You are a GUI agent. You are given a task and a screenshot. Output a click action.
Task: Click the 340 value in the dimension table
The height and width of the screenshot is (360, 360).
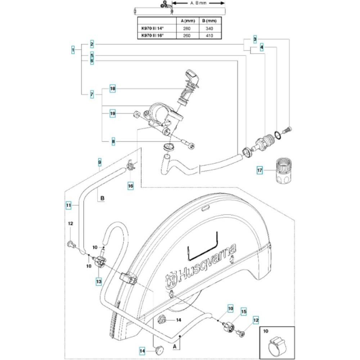pos(209,28)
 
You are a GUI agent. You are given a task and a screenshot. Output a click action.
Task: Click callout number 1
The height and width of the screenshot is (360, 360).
pos(73,50)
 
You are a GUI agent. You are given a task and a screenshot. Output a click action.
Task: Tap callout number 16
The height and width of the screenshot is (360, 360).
pos(131,186)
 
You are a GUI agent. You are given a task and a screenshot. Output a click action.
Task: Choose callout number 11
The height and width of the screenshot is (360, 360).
pos(68,205)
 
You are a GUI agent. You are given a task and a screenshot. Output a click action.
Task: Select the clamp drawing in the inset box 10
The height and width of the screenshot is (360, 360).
pos(277,342)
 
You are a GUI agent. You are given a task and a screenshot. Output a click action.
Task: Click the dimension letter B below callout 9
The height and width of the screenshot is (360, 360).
pos(102,198)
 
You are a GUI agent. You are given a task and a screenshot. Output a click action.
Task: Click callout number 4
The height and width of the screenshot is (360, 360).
pos(262,47)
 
